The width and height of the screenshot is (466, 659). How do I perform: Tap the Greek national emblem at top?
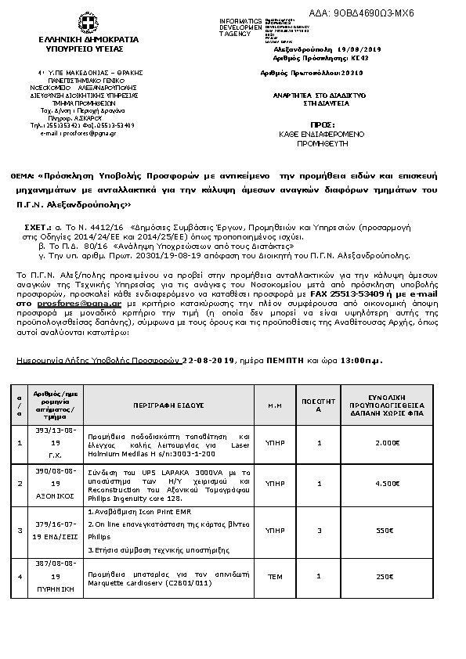pyautogui.click(x=83, y=22)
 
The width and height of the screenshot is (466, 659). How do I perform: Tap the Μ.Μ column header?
pyautogui.click(x=275, y=406)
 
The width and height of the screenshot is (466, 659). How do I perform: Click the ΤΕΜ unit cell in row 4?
pyautogui.click(x=275, y=577)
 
